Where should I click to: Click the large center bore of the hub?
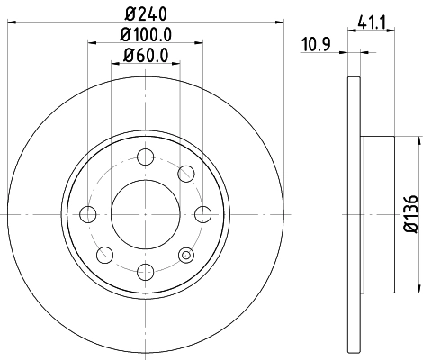(145, 213)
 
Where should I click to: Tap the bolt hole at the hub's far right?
(202, 213)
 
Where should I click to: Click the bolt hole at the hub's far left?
(88, 213)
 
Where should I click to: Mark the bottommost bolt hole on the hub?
(145, 271)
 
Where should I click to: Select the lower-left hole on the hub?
(104, 254)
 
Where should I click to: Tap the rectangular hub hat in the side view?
(378, 213)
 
